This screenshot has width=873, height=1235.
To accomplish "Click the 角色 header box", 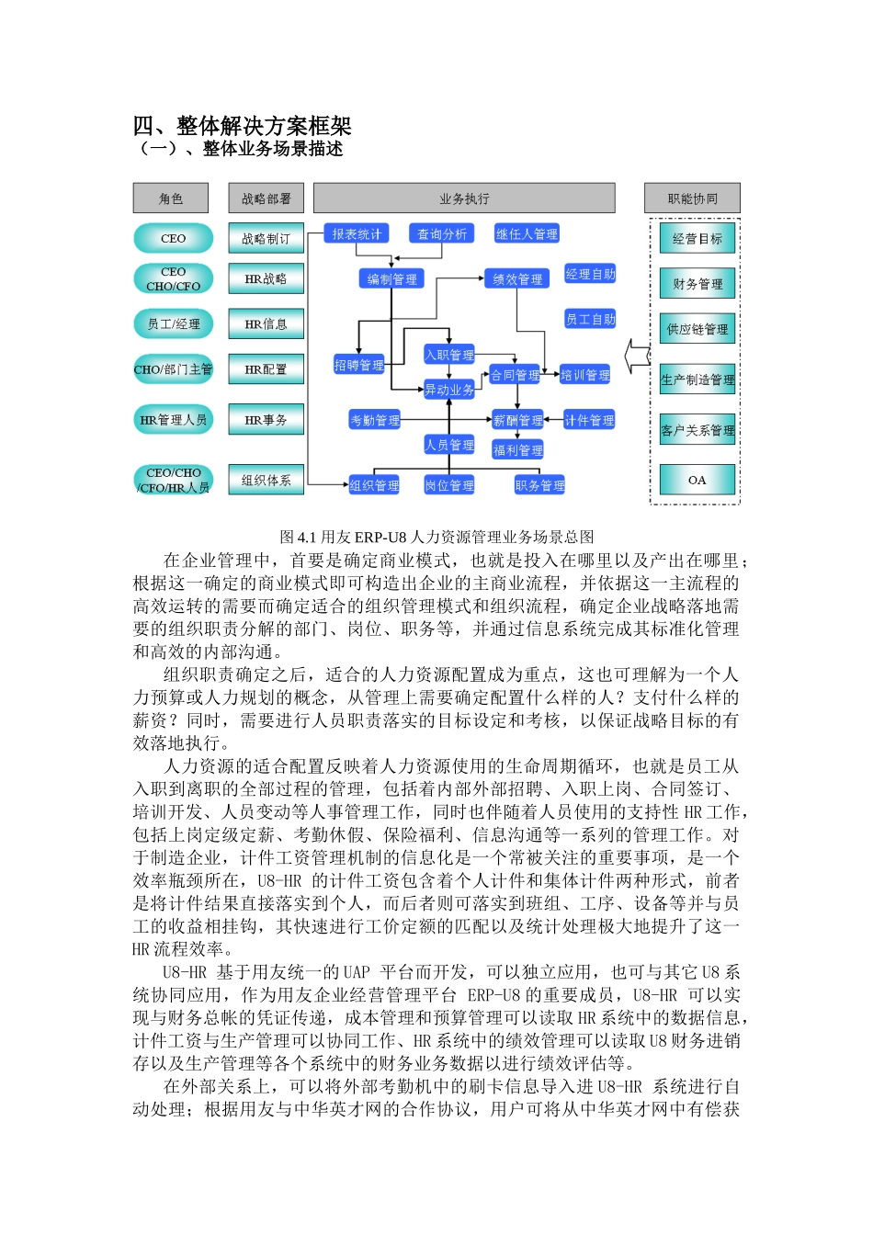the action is coord(171,198).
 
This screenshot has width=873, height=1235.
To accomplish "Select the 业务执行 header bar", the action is coord(464,198).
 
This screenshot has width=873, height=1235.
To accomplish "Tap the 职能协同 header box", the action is coord(692,198).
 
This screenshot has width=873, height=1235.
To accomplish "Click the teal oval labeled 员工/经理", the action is coord(174,323).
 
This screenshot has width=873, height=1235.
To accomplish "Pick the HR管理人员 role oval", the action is coord(174,420).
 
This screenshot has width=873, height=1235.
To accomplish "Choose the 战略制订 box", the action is coord(266,239).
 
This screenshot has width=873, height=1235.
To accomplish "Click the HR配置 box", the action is coord(266,369).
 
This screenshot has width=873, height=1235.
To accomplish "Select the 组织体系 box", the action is coord(266,480).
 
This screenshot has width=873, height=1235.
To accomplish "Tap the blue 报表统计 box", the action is coord(357,234).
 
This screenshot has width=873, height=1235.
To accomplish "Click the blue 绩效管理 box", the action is coord(517,278).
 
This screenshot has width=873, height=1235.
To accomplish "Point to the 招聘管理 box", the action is coord(358,365).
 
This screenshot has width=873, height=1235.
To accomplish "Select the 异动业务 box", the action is coord(449,390).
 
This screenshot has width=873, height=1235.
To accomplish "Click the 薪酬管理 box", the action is coord(517,420).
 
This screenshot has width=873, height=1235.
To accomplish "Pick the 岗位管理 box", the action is coord(449,485).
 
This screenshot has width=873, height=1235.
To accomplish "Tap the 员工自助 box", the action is coord(590,319).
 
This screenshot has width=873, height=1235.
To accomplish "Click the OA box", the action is coord(697,480).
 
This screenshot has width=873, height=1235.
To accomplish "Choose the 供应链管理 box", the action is coord(697,329).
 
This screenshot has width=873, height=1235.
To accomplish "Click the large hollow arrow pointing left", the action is coord(636,355).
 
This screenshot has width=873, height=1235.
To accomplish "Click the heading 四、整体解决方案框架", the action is coord(243,126).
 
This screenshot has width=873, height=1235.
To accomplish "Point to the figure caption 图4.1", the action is coord(436,537).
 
